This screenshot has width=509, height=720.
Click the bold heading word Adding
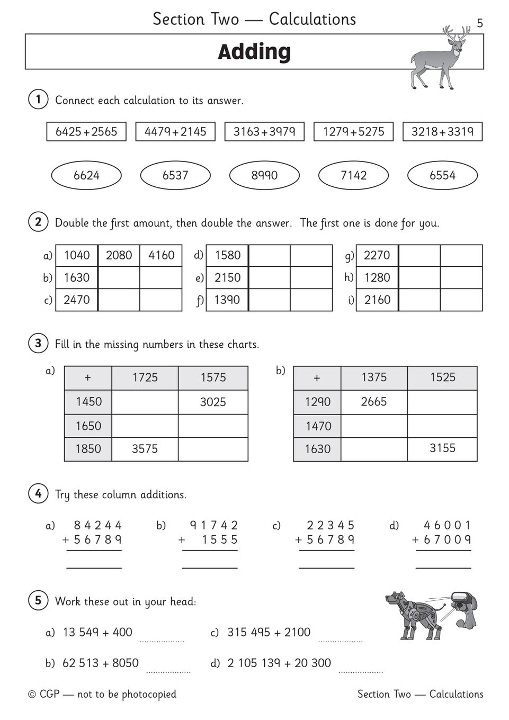point(254,52)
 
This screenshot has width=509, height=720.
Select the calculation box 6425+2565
point(86,132)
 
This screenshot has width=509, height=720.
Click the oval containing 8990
point(264,175)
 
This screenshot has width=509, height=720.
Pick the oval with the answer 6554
point(442,175)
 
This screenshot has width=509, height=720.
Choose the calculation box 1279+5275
point(353,132)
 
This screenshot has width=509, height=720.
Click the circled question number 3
point(38,344)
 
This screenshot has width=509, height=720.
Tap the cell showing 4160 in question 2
point(161,255)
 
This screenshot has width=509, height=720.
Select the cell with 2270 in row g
point(377,255)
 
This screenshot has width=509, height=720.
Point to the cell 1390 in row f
point(227,300)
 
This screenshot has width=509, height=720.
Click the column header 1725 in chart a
point(145,377)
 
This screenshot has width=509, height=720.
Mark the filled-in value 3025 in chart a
point(213,402)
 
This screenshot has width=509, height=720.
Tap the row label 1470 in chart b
point(318,426)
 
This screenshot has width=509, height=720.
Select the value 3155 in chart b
point(442,448)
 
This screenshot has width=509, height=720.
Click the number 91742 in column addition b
point(214,525)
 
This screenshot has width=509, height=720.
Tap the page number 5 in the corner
point(480,23)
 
